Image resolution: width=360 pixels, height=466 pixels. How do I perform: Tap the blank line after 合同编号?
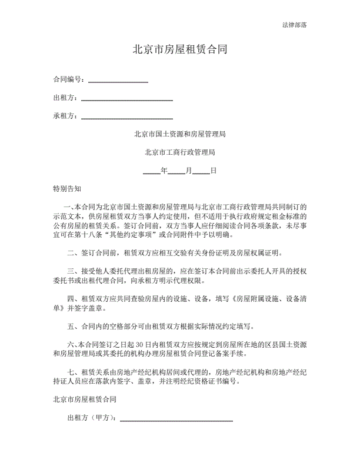pyautogui.click(x=118, y=79)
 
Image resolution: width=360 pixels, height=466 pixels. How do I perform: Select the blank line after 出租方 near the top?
pyautogui.click(x=127, y=98)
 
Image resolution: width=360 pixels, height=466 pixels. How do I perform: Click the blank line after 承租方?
pyautogui.click(x=127, y=116)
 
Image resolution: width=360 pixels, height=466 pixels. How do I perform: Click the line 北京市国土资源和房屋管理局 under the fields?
pyautogui.click(x=180, y=134)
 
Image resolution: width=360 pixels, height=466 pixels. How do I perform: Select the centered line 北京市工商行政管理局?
pyautogui.click(x=180, y=152)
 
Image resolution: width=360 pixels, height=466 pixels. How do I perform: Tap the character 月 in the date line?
pyautogui.click(x=189, y=171)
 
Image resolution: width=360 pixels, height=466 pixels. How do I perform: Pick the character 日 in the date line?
pyautogui.click(x=214, y=171)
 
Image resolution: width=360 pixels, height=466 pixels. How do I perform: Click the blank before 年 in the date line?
pyautogui.click(x=152, y=171)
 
